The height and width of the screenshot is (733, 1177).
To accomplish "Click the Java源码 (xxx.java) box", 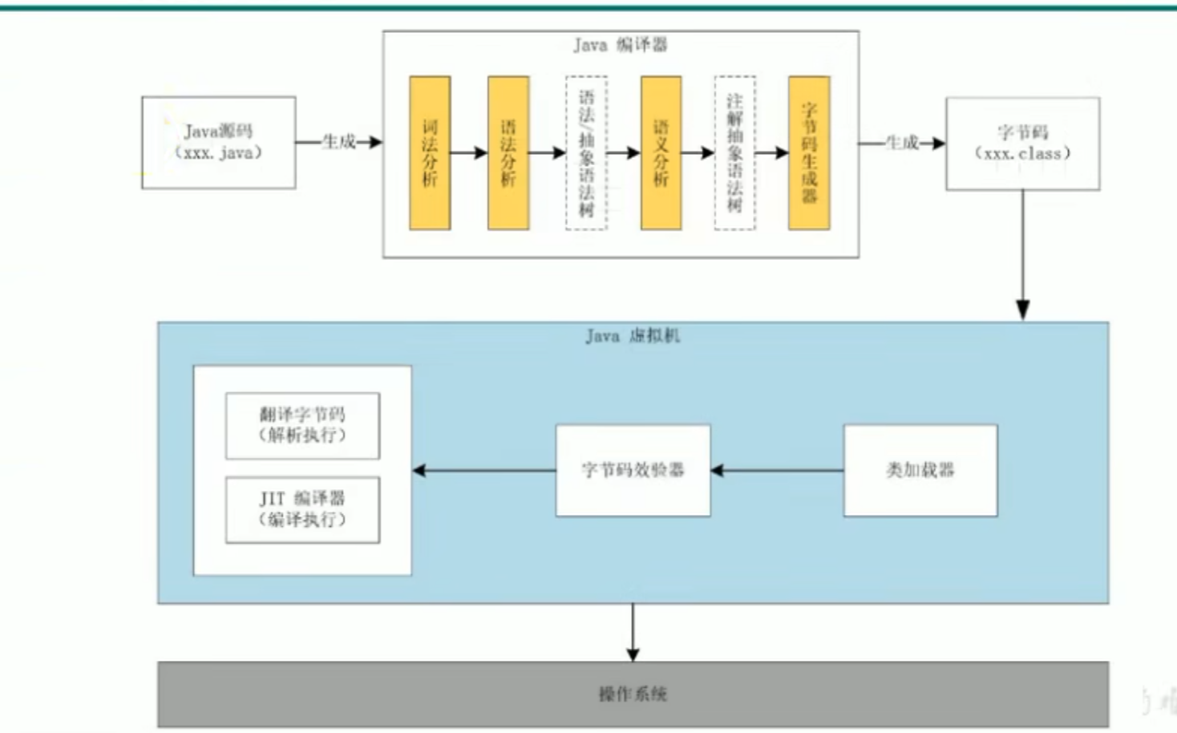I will (218, 143).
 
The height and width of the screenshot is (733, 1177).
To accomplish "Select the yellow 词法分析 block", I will (430, 152).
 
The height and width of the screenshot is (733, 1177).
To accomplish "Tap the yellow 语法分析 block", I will (508, 152).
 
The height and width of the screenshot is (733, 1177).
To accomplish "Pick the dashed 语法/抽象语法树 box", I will (586, 152).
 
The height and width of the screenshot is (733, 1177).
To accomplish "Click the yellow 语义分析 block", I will (661, 152).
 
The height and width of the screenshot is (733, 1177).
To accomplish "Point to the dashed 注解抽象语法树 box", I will (734, 152).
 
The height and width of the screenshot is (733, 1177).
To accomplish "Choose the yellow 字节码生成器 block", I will (809, 152).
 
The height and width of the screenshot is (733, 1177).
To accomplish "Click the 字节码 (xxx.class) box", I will (1022, 144).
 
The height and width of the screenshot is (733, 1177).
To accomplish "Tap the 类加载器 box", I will (920, 470).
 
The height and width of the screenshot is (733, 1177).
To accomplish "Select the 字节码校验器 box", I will (633, 470).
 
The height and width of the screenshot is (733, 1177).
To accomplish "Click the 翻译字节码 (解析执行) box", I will (302, 425).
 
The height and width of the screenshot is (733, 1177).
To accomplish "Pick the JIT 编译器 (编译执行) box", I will (302, 510).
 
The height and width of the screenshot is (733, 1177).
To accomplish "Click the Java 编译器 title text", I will (620, 45).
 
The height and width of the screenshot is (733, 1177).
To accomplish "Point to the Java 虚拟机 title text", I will (633, 336).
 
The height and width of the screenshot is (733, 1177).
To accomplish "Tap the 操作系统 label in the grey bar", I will (633, 694).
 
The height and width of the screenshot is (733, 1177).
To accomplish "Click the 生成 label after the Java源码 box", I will (339, 142).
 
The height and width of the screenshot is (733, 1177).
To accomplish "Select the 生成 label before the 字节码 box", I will (902, 143).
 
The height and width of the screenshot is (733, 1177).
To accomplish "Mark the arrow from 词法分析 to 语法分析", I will (469, 152).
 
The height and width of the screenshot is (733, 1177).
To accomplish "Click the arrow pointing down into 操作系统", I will (633, 633).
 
